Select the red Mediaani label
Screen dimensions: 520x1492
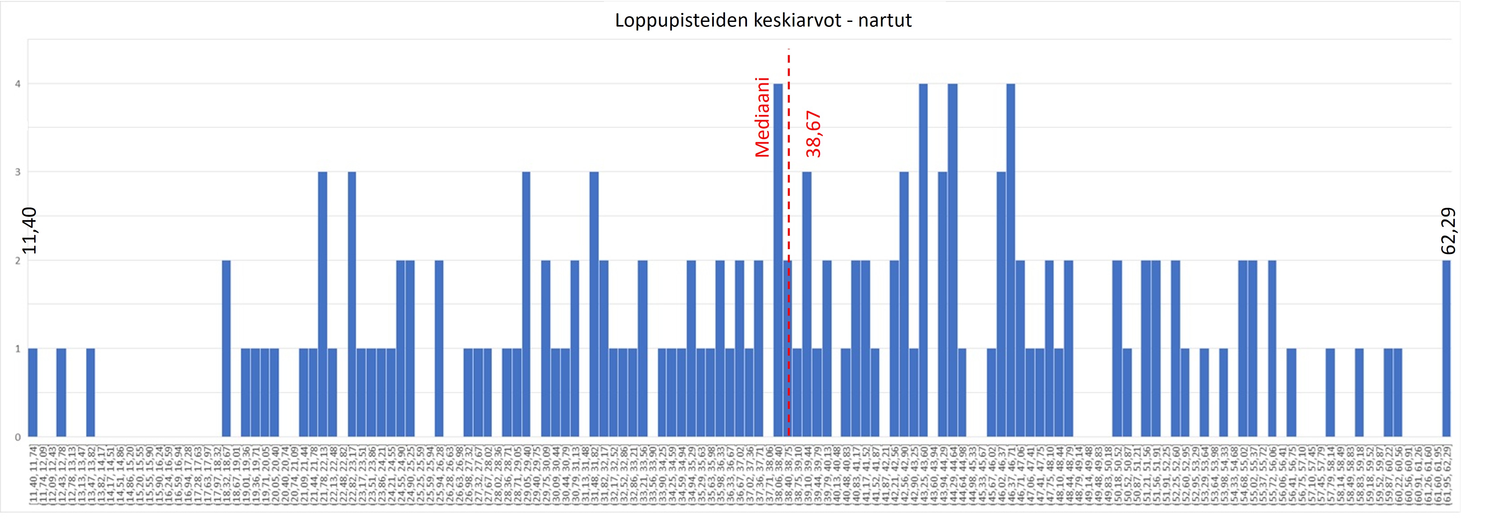click(x=762, y=118)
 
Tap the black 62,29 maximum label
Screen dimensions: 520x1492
click(x=1448, y=230)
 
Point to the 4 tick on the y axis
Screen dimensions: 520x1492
click(x=18, y=84)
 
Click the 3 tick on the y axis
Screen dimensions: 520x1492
click(x=18, y=172)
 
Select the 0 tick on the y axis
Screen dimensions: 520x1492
click(x=18, y=437)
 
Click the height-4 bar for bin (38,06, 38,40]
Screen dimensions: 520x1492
click(x=778, y=261)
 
